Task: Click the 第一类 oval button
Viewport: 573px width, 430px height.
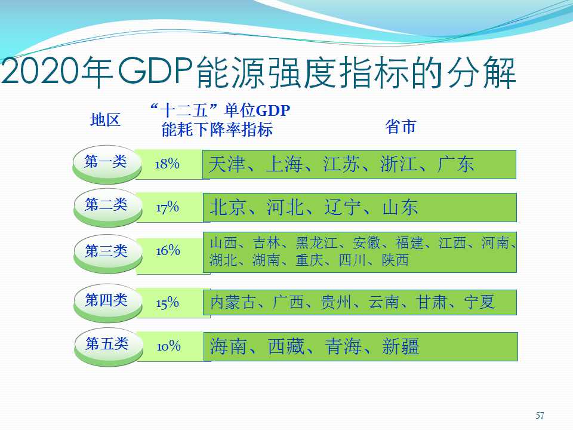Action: click(107, 165)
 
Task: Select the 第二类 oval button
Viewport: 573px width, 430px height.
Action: click(108, 207)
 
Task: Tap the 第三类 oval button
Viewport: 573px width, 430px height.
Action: click(108, 254)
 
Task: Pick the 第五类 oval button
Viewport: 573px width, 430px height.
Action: click(109, 347)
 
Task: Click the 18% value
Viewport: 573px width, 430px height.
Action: click(167, 164)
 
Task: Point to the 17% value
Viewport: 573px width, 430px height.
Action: click(167, 207)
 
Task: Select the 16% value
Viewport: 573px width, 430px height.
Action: click(168, 250)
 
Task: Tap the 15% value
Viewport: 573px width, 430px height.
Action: click(167, 303)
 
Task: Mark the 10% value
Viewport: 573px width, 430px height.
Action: click(169, 346)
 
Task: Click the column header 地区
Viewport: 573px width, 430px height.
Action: click(105, 120)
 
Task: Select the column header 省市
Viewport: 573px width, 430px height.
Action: click(401, 127)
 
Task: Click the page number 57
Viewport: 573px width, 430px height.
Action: click(540, 416)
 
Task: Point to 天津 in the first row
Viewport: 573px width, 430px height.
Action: click(227, 164)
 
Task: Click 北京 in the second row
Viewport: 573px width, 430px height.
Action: click(228, 207)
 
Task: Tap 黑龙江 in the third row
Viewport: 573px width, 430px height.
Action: click(316, 243)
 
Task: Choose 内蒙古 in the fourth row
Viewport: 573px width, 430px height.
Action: click(233, 302)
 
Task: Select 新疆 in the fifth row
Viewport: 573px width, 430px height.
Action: click(401, 346)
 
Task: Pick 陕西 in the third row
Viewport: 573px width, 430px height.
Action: click(395, 260)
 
